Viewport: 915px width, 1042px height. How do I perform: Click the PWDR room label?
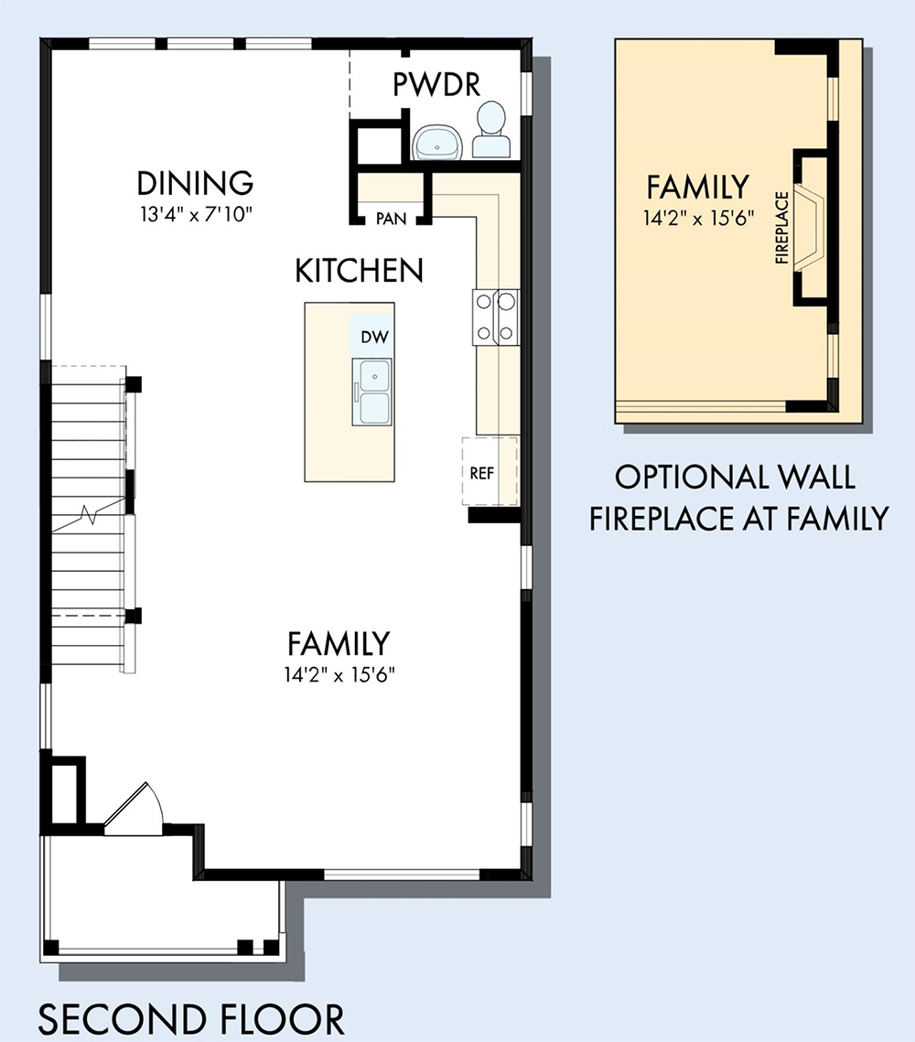pos(436,84)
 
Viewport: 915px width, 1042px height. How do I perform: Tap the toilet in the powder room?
pos(491,130)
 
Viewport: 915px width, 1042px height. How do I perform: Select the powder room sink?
pos(437,142)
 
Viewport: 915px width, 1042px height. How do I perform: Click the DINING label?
pos(196,183)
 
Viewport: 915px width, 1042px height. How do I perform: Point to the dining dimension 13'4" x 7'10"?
pos(197,215)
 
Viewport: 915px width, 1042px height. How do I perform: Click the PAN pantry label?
pos(391,219)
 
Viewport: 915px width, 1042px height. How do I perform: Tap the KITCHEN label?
pos(359,271)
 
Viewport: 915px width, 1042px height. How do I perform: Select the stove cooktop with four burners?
pos(496,317)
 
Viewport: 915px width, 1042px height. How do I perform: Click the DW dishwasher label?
pos(375,337)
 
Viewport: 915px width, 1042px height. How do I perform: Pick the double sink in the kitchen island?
pos(372,392)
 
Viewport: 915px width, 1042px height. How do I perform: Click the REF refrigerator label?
pos(482,473)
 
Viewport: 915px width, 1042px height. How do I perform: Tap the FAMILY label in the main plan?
pos(339,643)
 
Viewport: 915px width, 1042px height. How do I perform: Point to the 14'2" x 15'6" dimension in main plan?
pos(339,675)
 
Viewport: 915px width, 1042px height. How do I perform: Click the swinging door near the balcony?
pos(133,808)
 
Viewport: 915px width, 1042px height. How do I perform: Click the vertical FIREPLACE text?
pos(782,227)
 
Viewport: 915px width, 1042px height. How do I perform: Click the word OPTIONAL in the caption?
pos(688,478)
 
